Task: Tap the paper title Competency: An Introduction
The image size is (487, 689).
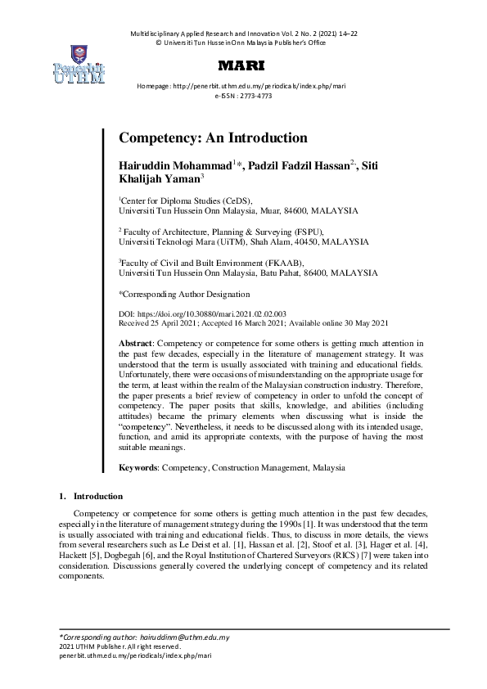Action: pyautogui.click(x=213, y=138)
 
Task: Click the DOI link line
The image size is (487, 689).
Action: pyautogui.click(x=202, y=313)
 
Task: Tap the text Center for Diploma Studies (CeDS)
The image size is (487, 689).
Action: pyautogui.click(x=187, y=200)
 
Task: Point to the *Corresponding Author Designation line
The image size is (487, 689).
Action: pyautogui.click(x=184, y=294)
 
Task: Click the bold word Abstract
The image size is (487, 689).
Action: pyautogui.click(x=135, y=342)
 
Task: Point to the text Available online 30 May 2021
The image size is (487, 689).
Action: pyautogui.click(x=341, y=323)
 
